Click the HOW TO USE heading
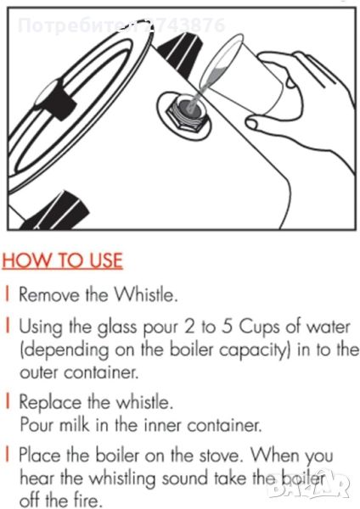tap(62, 260)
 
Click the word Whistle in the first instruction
tap(146, 294)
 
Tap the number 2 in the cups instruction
tap(188, 327)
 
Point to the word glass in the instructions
tap(117, 328)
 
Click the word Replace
tap(50, 403)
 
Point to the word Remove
tap(49, 294)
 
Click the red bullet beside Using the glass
tap(7, 327)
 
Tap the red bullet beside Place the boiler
tap(7, 455)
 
